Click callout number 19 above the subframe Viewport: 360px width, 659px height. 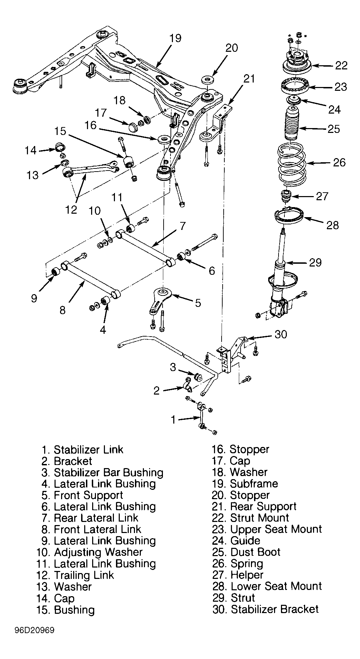point(175,38)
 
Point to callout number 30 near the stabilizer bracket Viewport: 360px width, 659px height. point(281,334)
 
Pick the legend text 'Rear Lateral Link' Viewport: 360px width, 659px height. point(96,518)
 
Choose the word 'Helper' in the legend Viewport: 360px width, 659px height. point(247,575)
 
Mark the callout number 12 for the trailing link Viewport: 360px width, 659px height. point(71,209)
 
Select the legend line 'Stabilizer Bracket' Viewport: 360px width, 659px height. point(275,609)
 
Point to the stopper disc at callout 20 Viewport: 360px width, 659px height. point(207,79)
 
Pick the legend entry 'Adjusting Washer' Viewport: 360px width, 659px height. point(98,552)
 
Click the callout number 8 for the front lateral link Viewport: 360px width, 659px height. point(62,310)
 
